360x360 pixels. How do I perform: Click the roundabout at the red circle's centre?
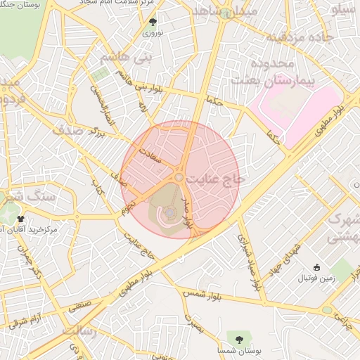[180, 179]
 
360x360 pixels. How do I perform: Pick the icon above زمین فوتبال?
[316, 267]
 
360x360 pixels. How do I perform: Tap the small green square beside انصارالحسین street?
[101, 73]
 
